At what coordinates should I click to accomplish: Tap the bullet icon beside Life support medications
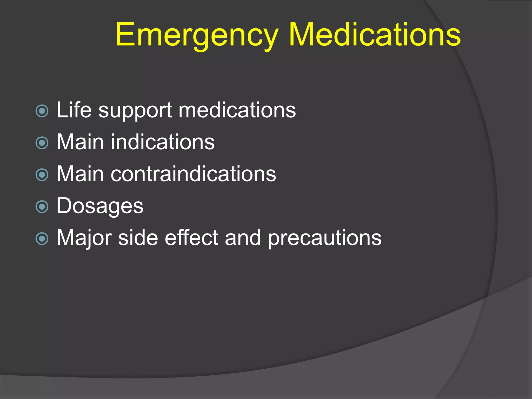(x=42, y=111)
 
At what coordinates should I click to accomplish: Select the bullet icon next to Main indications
(x=42, y=143)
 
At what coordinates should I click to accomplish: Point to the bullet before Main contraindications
(x=42, y=175)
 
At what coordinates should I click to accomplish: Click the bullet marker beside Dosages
(x=42, y=207)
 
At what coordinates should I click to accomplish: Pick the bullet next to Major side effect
(x=42, y=239)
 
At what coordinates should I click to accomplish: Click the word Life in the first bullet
(x=74, y=110)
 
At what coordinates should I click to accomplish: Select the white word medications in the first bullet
(x=237, y=110)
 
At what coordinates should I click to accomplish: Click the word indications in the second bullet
(x=163, y=142)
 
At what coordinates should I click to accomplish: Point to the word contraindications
(x=193, y=174)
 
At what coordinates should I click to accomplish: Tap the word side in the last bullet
(x=138, y=238)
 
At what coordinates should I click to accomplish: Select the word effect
(x=191, y=238)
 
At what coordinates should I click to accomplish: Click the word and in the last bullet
(x=243, y=238)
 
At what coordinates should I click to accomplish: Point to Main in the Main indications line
(x=80, y=142)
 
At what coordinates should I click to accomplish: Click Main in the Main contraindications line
(x=80, y=174)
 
